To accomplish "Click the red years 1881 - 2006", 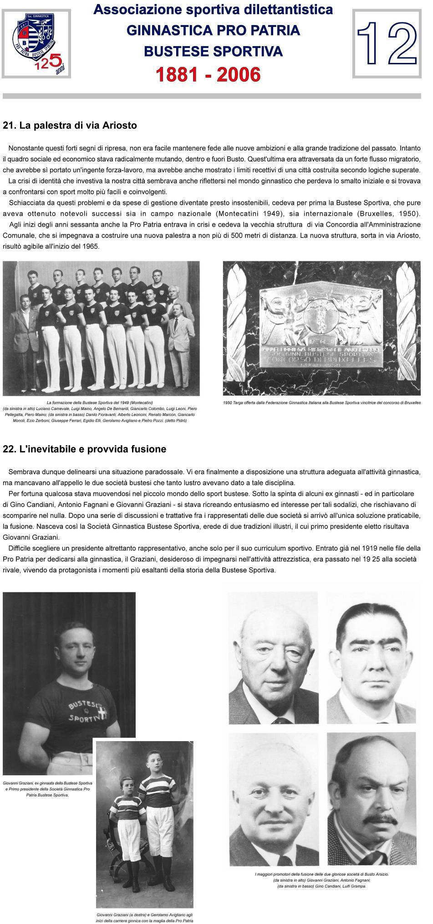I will tap(208, 75).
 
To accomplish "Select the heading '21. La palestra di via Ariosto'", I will tap(70, 125).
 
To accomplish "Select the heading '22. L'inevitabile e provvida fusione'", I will tap(84, 449).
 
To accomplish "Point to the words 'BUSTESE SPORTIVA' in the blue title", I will tap(213, 52).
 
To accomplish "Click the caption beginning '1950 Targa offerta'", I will tap(321, 403).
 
